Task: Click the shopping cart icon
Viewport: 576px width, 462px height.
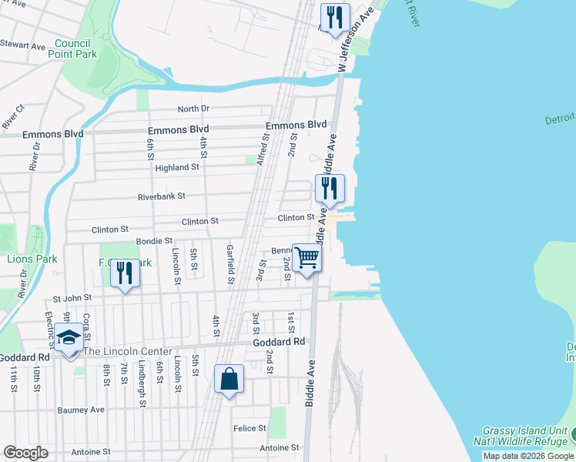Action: click(306, 257)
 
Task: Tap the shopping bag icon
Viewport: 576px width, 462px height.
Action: click(229, 379)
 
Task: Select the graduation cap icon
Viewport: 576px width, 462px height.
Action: click(69, 337)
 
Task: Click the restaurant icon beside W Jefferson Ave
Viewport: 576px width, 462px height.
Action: click(335, 18)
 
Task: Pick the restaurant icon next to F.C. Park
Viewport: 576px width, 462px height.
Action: click(125, 273)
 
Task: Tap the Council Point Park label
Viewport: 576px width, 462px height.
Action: click(72, 49)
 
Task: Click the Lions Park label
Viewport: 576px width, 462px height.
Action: click(32, 259)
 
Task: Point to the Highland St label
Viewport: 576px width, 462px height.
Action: click(177, 167)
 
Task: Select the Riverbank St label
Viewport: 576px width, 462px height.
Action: click(162, 196)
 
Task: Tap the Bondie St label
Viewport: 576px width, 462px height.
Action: click(154, 241)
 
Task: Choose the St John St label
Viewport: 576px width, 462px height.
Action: click(72, 297)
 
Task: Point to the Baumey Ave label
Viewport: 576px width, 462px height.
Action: click(81, 410)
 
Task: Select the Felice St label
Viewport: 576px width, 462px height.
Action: click(250, 428)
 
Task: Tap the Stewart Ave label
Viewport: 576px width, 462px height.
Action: click(23, 46)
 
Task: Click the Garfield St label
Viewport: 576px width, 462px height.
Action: click(229, 264)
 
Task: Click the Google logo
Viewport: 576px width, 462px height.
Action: click(25, 453)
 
